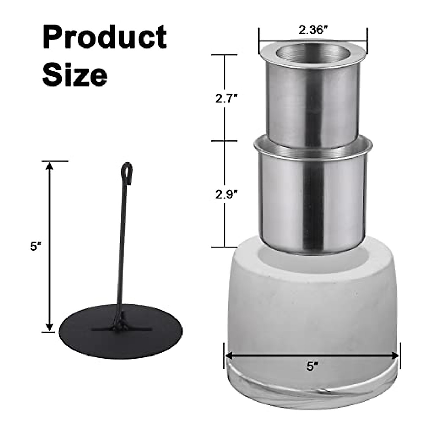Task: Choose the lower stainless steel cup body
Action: pyautogui.click(x=313, y=204)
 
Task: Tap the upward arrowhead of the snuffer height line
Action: pyautogui.click(x=50, y=165)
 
